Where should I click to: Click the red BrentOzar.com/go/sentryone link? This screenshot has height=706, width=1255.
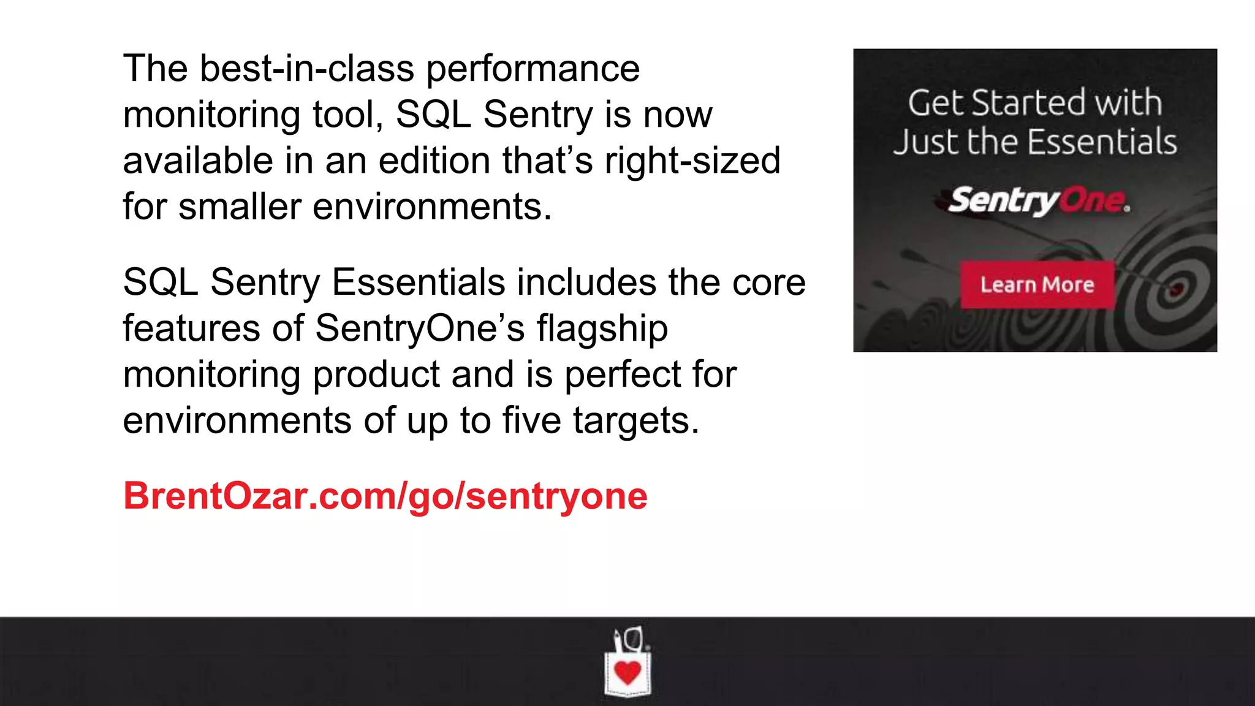(x=385, y=496)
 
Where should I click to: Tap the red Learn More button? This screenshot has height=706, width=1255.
(x=1037, y=285)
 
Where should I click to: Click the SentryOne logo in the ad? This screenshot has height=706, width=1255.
(x=1038, y=200)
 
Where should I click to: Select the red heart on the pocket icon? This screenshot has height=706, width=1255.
(x=627, y=672)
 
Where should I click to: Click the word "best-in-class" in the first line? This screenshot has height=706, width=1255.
(x=307, y=69)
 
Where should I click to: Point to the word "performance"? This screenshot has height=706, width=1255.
(x=533, y=69)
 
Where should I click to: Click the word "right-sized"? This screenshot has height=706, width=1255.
(x=692, y=161)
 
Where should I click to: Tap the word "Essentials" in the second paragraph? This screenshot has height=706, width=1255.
(x=418, y=283)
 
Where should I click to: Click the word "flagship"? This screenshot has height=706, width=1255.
(x=602, y=328)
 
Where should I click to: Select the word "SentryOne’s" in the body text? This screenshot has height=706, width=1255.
(x=420, y=328)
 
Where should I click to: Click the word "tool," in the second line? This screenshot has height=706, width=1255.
(x=348, y=115)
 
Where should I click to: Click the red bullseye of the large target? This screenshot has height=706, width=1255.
(x=1175, y=290)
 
